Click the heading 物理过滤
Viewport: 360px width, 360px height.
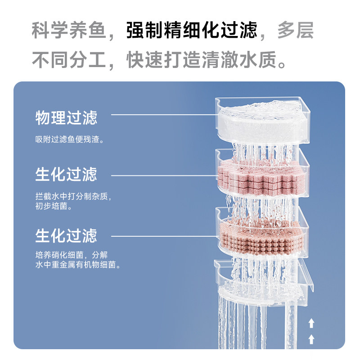pyautogui.click(x=66, y=118)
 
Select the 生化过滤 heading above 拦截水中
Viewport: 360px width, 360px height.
pyautogui.click(x=66, y=174)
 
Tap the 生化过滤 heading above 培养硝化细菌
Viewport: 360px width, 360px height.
pyautogui.click(x=66, y=235)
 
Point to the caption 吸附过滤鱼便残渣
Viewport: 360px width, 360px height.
pyautogui.click(x=70, y=139)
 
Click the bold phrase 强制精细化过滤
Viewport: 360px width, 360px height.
pyautogui.click(x=192, y=31)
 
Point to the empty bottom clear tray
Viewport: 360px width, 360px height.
pyautogui.click(x=265, y=283)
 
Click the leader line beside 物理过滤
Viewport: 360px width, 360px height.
pyautogui.click(x=162, y=114)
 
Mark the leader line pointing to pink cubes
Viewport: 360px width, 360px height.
pyautogui.click(x=162, y=175)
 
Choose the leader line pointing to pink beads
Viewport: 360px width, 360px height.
pyautogui.click(x=162, y=236)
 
